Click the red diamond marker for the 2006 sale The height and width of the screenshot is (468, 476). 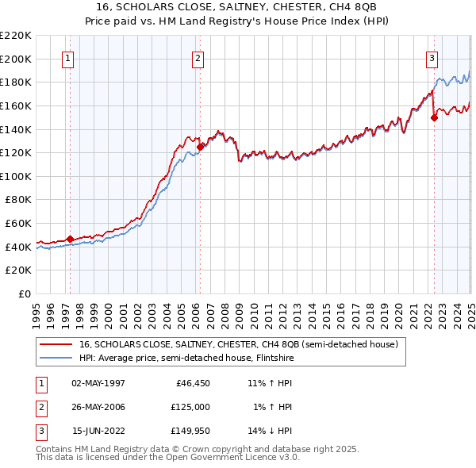[201, 146]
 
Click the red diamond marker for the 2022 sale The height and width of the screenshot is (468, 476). [434, 117]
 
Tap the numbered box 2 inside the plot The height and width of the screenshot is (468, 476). [197, 57]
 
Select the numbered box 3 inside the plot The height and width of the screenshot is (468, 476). [432, 57]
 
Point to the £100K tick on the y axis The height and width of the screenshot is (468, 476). [17, 176]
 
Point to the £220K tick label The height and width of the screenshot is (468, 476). [17, 36]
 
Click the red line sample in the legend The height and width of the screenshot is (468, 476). [54, 344]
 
